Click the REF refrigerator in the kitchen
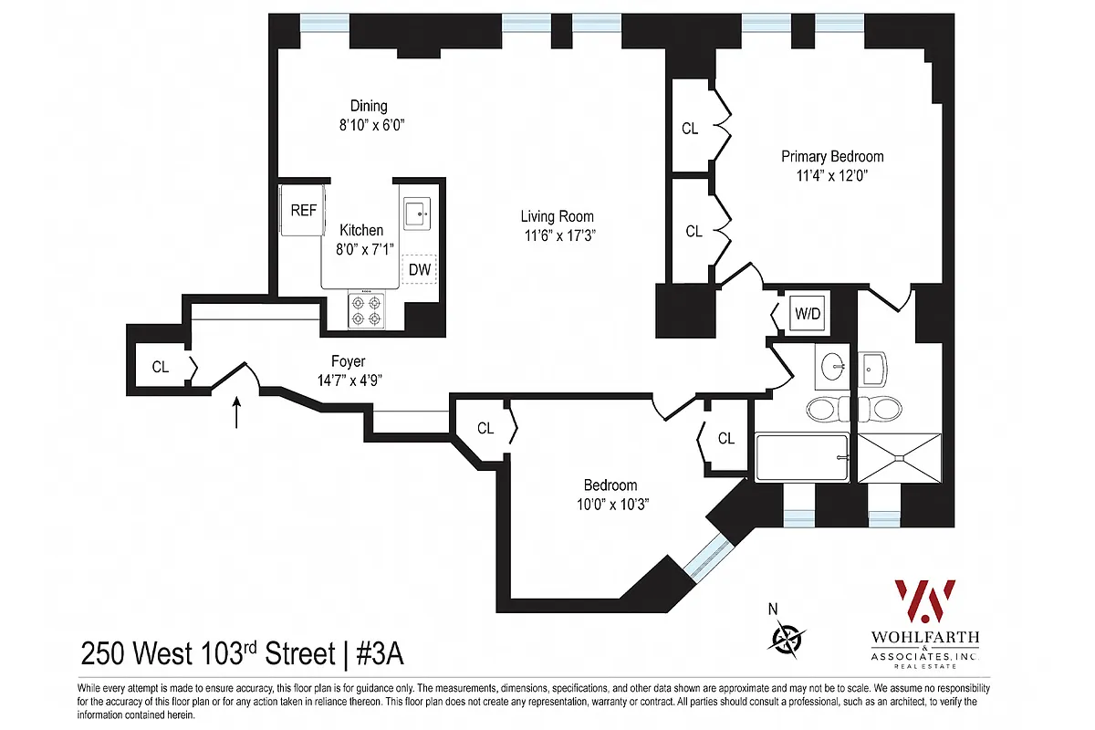[302, 211]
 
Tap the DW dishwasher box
[420, 269]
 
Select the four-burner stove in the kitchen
[369, 310]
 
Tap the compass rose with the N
[786, 636]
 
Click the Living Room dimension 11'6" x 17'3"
[557, 235]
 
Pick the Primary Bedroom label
[832, 157]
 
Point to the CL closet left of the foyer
[161, 368]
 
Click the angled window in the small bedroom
[710, 558]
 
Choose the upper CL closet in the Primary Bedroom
[691, 129]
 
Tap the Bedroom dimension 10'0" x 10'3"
[610, 504]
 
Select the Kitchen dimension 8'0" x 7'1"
[361, 248]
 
